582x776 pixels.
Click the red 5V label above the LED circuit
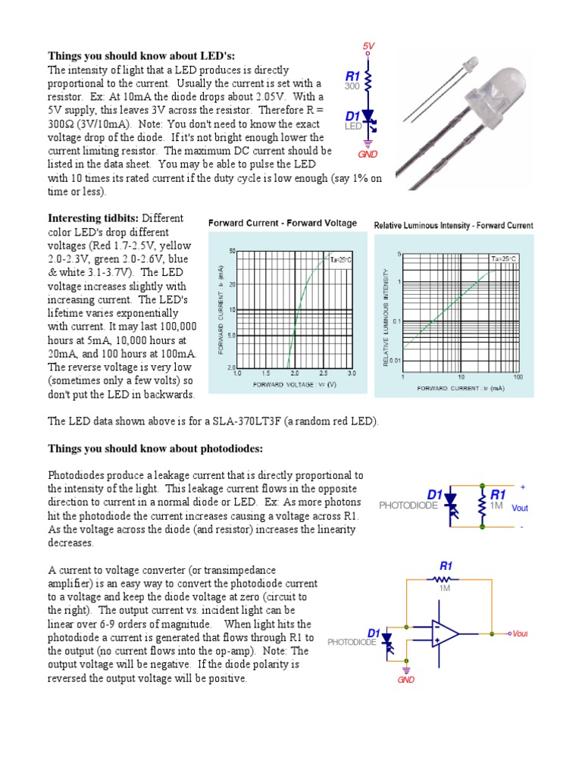pos(368,47)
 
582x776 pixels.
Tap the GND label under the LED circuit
pos(368,154)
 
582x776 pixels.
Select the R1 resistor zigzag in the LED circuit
pos(368,80)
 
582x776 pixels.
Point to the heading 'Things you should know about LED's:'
pos(142,56)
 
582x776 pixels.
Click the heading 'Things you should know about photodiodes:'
pos(155,449)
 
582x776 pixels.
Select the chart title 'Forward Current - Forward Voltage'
pos(282,223)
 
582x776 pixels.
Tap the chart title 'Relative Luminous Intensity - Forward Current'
pos(454,225)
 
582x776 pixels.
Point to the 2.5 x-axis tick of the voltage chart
pos(324,374)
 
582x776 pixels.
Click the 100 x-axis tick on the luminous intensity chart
pos(518,376)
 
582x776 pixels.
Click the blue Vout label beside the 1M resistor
pos(520,508)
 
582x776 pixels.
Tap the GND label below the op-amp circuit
pos(407,680)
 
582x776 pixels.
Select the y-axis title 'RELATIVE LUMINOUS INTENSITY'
pos(386,318)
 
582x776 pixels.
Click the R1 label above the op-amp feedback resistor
pos(446,565)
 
